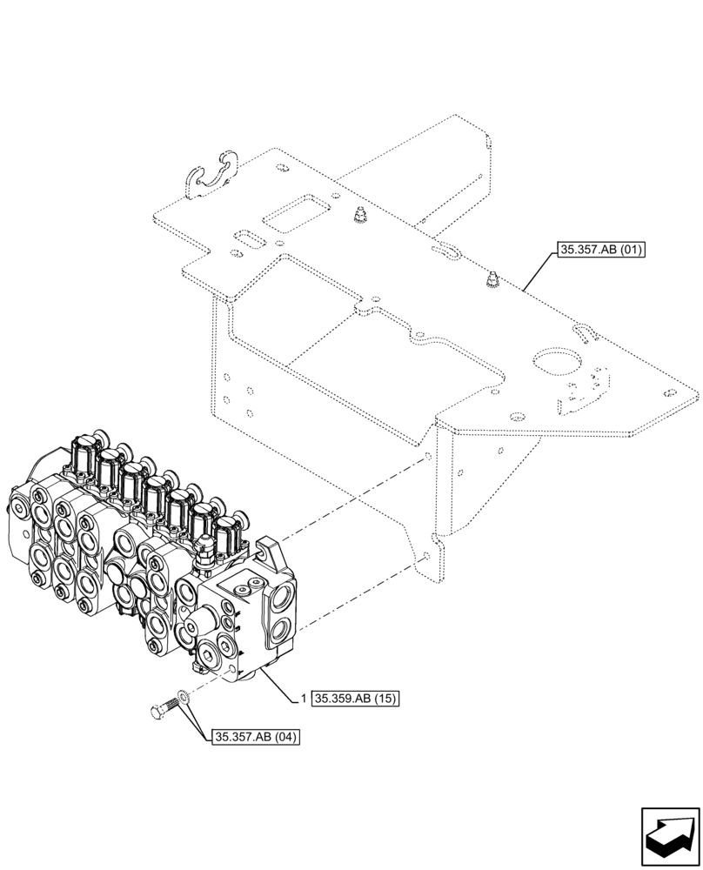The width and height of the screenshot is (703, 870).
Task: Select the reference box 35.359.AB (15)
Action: click(353, 698)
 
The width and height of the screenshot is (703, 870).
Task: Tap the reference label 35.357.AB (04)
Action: click(254, 738)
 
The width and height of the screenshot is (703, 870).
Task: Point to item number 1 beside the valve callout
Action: click(303, 698)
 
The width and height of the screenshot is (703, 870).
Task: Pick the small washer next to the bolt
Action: click(182, 696)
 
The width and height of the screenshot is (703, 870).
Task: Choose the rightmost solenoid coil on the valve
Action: click(229, 532)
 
